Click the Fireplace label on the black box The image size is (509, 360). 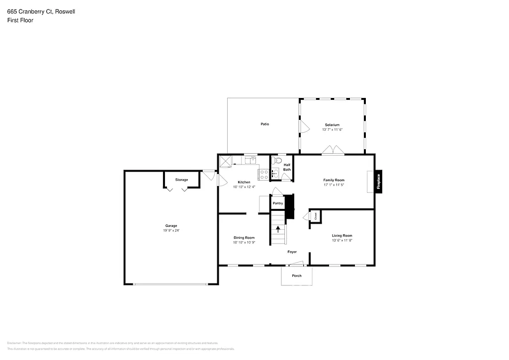(x=379, y=181)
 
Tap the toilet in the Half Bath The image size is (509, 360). (x=277, y=161)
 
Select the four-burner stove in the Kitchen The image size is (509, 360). (x=263, y=175)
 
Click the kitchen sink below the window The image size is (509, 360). (x=251, y=160)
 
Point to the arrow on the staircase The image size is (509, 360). (x=278, y=229)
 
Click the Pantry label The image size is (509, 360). (x=278, y=203)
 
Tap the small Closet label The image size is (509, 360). (x=315, y=216)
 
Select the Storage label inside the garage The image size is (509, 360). (x=181, y=180)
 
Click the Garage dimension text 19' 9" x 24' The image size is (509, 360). (x=171, y=230)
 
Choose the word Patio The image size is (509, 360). (x=265, y=124)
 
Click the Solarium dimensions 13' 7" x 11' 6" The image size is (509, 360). (x=332, y=129)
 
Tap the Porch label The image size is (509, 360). (x=297, y=275)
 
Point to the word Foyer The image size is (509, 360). (x=293, y=252)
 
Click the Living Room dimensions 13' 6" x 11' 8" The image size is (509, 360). (x=342, y=240)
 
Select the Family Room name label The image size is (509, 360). (x=334, y=180)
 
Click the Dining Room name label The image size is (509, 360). (x=244, y=238)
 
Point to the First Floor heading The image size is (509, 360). (x=20, y=20)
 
